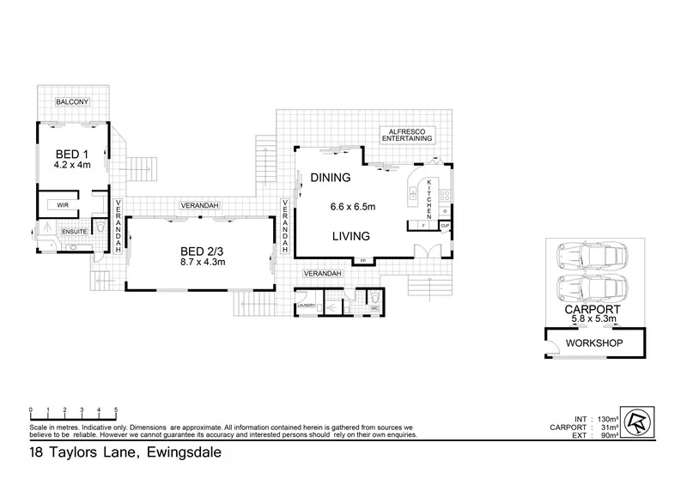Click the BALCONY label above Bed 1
pos(73,102)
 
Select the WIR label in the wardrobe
pos(63,206)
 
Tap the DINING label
pos(331,179)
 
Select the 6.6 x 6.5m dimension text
pos(353,207)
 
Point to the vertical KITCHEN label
pos(429,198)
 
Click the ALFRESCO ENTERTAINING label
pos(408,133)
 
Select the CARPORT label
pos(588,308)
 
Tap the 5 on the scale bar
pos(116,409)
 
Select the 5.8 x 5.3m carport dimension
pos(588,319)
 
